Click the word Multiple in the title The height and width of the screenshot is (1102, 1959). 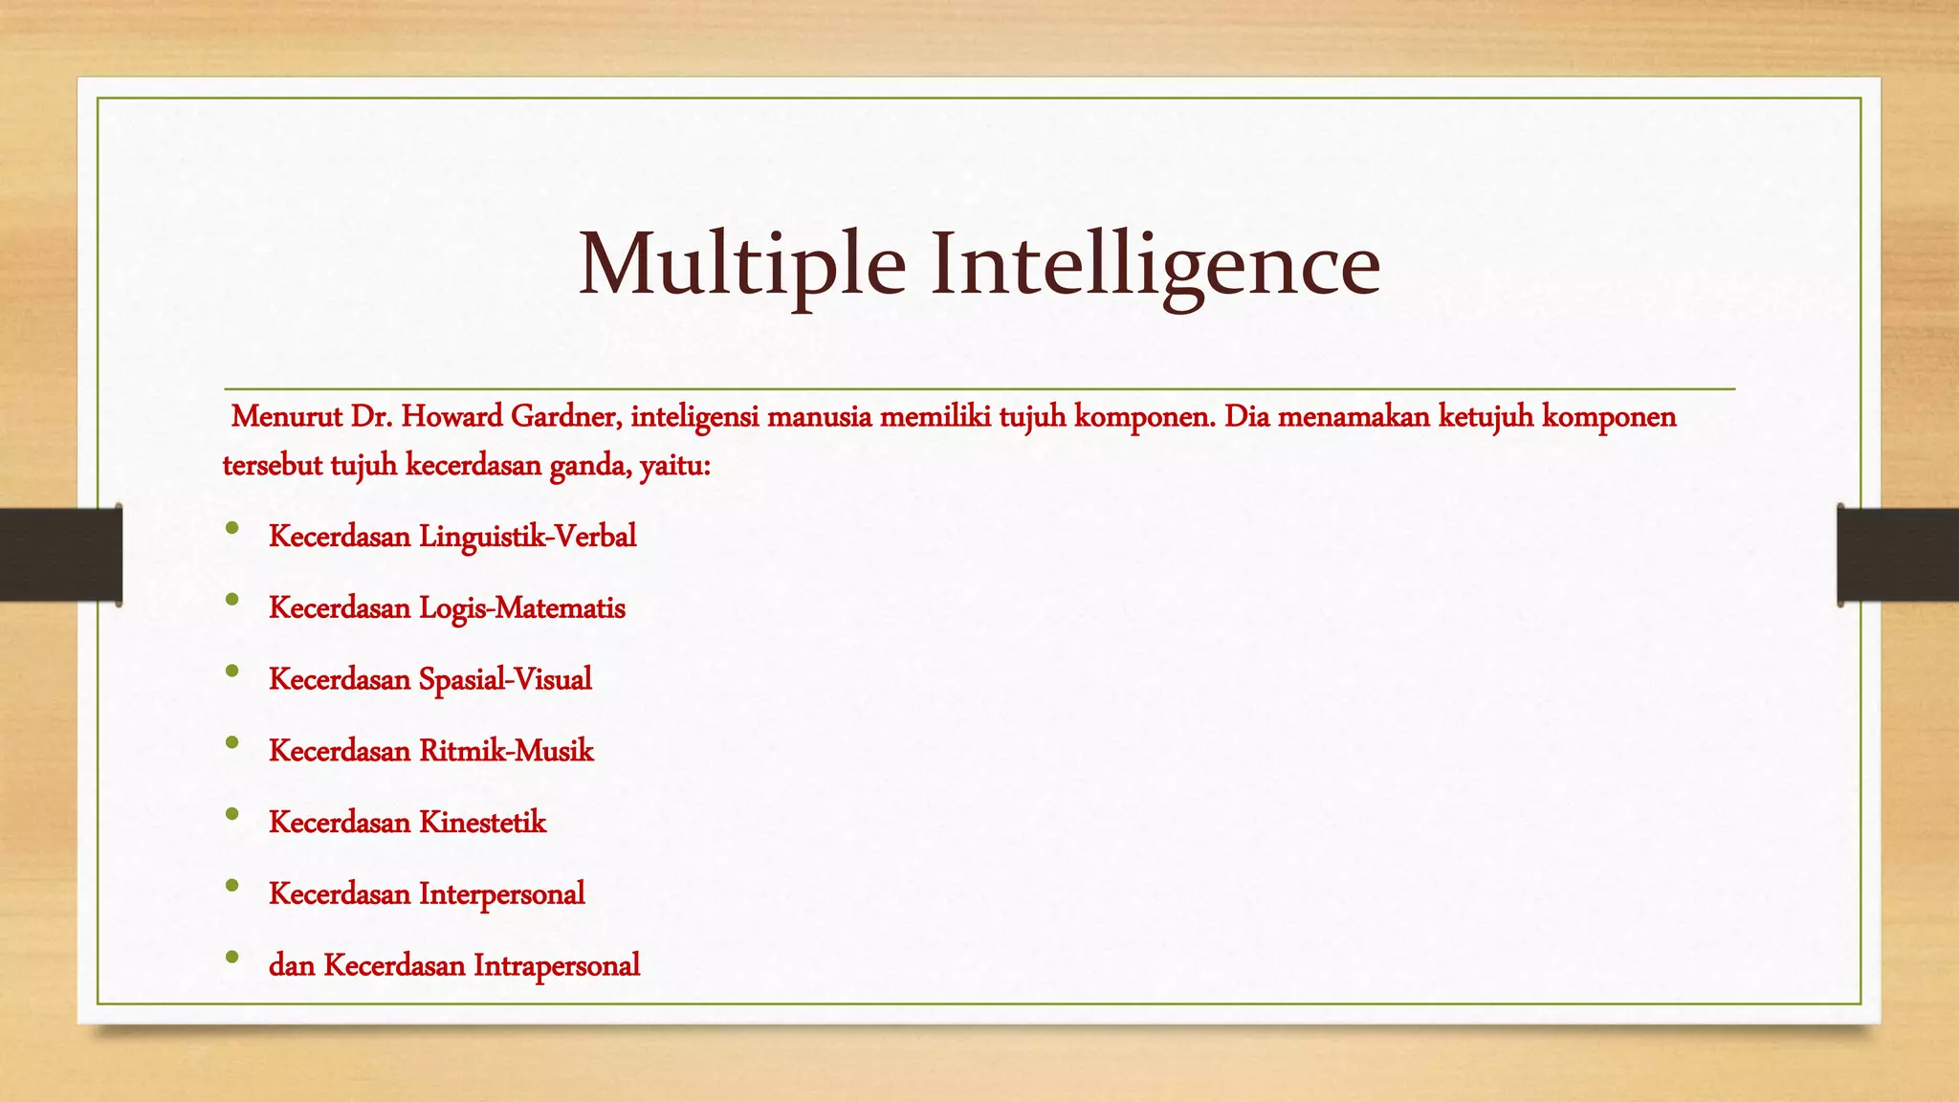tap(742, 265)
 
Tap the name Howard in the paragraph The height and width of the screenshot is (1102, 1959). tap(451, 417)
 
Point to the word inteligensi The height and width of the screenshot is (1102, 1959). tap(694, 417)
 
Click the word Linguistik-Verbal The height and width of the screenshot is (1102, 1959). tap(527, 537)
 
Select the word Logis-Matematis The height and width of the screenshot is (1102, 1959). tap(522, 608)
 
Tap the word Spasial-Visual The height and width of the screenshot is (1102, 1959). tap(505, 679)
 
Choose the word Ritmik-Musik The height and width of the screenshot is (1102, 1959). tap(506, 751)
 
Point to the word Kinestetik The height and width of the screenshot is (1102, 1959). tap(482, 823)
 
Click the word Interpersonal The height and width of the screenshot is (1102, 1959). tap(501, 894)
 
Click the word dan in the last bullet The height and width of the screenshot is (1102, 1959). tap(292, 966)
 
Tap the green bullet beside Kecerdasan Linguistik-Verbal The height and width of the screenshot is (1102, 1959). tap(232, 528)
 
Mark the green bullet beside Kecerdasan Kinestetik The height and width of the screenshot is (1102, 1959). tap(232, 814)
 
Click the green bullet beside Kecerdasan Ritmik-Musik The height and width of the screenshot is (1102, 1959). tap(232, 742)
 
